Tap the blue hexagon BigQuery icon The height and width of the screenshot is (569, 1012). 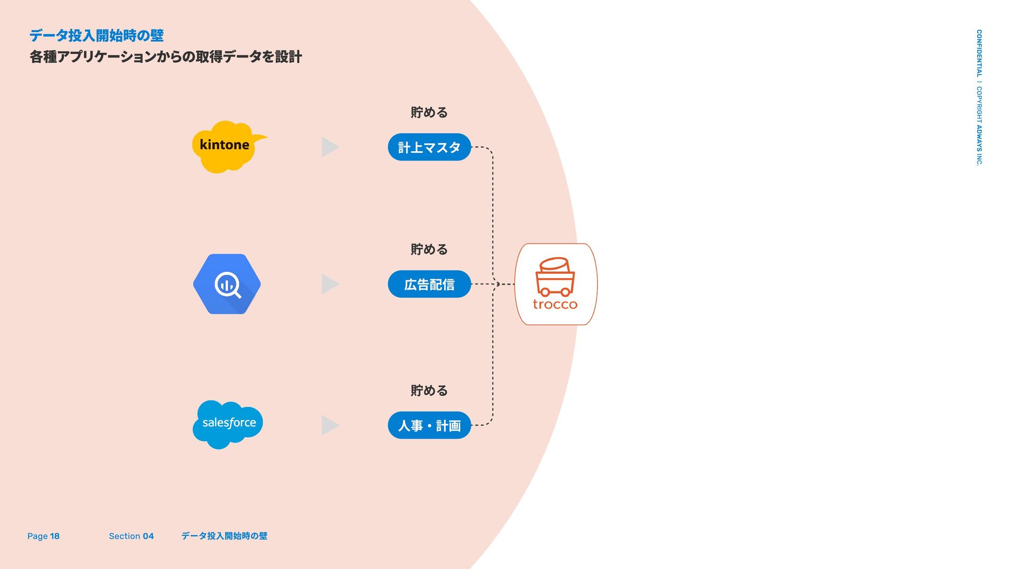pyautogui.click(x=227, y=284)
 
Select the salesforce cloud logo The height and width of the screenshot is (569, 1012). pyautogui.click(x=228, y=424)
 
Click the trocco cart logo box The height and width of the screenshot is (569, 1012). pyautogui.click(x=556, y=284)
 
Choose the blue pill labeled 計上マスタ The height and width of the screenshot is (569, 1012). pyautogui.click(x=429, y=147)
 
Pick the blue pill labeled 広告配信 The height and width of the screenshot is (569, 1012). pyautogui.click(x=429, y=284)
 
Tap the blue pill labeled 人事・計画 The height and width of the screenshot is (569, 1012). pyautogui.click(x=429, y=425)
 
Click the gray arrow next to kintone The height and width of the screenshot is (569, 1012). pyautogui.click(x=329, y=147)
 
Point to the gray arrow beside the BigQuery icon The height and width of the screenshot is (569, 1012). pyautogui.click(x=329, y=284)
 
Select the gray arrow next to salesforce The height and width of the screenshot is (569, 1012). pyautogui.click(x=329, y=425)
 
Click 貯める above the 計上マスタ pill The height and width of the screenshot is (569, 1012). pyautogui.click(x=429, y=112)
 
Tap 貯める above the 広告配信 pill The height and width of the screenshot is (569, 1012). pyautogui.click(x=429, y=249)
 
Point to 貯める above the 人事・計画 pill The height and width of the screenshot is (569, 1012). pyautogui.click(x=429, y=390)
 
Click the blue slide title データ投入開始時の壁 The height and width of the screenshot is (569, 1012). pyautogui.click(x=96, y=35)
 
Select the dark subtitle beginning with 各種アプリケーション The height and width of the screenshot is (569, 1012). pyautogui.click(x=166, y=57)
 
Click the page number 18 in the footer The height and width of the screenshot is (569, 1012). pyautogui.click(x=55, y=536)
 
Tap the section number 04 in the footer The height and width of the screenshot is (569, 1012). pyautogui.click(x=148, y=536)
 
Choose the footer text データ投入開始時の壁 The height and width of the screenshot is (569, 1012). pyautogui.click(x=224, y=536)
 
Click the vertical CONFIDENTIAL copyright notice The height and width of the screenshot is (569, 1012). pyautogui.click(x=979, y=97)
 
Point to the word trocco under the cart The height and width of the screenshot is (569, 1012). pyautogui.click(x=555, y=305)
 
